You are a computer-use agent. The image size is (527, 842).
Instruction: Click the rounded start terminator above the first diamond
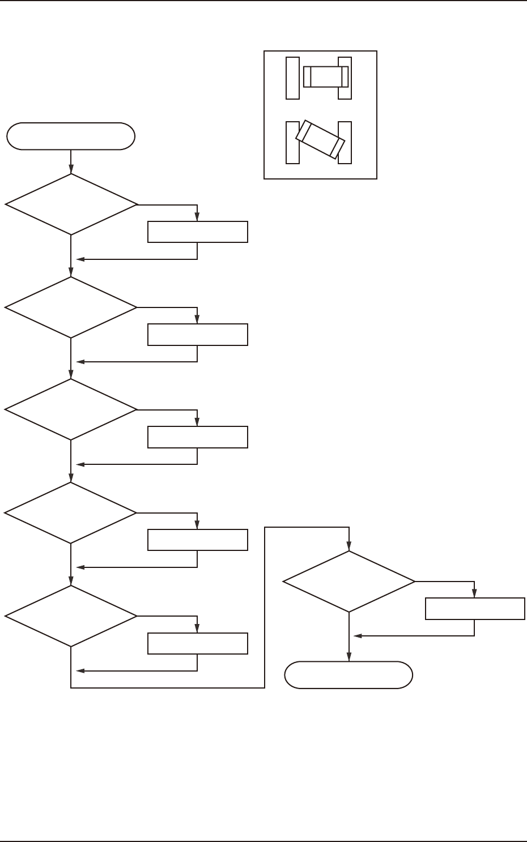71,136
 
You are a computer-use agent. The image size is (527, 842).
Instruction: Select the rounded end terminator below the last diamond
348,675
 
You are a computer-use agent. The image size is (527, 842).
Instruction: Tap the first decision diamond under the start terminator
71,204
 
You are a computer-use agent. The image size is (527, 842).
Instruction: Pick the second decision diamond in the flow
71,307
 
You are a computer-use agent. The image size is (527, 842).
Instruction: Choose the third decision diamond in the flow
71,409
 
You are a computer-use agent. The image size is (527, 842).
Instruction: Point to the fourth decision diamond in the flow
71,513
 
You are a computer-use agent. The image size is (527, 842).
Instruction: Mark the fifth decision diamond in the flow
71,616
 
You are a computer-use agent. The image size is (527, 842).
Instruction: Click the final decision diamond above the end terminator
349,582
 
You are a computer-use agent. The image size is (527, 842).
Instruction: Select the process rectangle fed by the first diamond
197,232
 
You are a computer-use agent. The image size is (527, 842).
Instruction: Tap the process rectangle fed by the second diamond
197,335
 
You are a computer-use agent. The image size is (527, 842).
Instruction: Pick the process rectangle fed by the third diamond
197,437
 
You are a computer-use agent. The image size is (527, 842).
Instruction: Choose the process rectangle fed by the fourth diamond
197,540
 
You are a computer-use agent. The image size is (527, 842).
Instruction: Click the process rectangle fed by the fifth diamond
197,643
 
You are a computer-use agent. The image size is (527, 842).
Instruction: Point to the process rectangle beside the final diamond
475,609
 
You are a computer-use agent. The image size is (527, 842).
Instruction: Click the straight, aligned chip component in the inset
325,77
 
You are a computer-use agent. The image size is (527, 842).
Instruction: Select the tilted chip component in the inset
320,139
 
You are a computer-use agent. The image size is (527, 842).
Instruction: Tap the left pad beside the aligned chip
292,78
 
